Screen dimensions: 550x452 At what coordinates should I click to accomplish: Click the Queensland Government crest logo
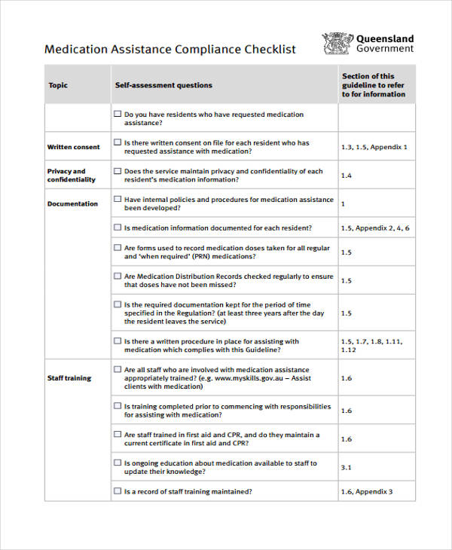(337, 44)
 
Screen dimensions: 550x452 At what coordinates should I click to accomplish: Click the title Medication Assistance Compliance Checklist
(170, 50)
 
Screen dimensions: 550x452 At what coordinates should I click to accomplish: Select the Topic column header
(58, 85)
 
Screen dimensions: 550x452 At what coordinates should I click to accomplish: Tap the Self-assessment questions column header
(163, 85)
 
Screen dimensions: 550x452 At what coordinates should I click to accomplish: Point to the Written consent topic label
(73, 147)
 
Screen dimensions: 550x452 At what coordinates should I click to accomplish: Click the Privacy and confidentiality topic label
(72, 176)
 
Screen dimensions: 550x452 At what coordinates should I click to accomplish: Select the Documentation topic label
(72, 203)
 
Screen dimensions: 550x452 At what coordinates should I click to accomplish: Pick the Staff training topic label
(69, 378)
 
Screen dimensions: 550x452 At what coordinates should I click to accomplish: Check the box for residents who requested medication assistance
(117, 115)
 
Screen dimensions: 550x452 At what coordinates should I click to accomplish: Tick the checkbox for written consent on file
(117, 142)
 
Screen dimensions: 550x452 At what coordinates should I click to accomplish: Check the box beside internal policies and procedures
(117, 200)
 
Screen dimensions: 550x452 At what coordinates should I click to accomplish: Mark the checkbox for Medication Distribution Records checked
(117, 277)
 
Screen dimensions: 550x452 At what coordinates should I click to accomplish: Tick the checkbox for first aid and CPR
(117, 435)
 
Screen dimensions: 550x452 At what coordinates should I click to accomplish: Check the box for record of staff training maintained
(117, 491)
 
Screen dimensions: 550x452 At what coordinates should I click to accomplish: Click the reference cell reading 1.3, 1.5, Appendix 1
(374, 147)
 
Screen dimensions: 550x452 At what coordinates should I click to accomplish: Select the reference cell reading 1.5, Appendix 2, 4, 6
(374, 228)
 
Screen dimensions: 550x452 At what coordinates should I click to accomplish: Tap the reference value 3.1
(347, 467)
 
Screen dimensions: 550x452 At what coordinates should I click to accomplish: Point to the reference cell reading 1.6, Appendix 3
(366, 491)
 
